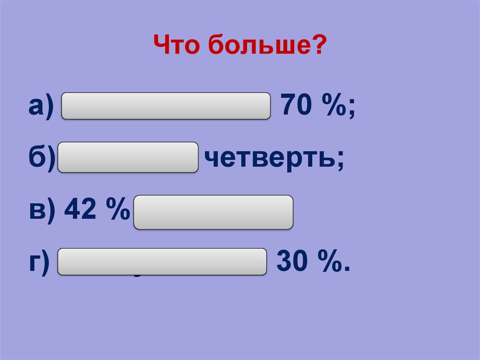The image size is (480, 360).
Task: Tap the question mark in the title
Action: [x=319, y=47]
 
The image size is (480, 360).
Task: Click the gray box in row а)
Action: [x=166, y=106]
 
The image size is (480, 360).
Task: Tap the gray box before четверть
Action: [x=128, y=157]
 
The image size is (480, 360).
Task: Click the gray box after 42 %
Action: [x=213, y=212]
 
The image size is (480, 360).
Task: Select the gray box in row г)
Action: [x=162, y=261]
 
